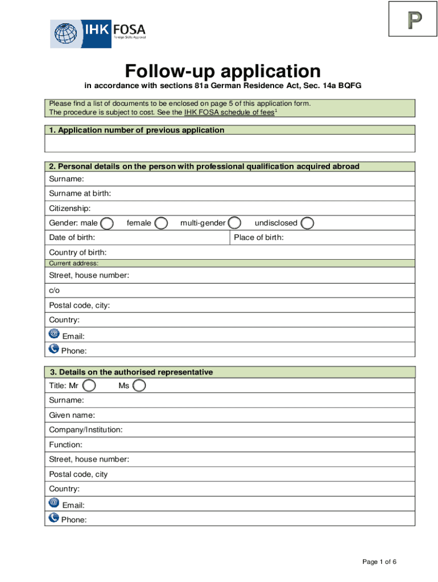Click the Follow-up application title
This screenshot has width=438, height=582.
(223, 72)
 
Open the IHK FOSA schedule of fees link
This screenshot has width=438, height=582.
(229, 113)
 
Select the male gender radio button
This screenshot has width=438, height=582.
(106, 223)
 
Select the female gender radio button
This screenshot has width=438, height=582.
(162, 223)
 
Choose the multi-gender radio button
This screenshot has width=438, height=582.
(234, 223)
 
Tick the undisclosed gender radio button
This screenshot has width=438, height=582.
(307, 223)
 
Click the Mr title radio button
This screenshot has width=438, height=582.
(89, 386)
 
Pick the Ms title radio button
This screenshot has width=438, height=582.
(139, 386)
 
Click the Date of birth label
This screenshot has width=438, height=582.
(72, 238)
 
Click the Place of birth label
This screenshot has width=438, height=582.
(259, 238)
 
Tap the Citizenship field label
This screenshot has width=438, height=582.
(70, 209)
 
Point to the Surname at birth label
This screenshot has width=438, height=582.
(80, 194)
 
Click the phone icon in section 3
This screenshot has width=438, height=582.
(54, 517)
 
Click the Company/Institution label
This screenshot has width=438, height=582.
(85, 430)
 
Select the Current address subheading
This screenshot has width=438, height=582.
(74, 264)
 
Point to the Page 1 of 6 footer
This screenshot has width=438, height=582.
(379, 562)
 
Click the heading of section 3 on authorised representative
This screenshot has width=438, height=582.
(131, 372)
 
